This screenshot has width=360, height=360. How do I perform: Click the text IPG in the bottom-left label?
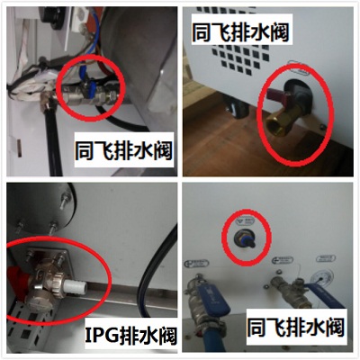click(x=102, y=335)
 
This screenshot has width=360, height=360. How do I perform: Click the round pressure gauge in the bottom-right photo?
click(x=324, y=277)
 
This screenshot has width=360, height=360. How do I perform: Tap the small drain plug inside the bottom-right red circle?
click(x=247, y=239)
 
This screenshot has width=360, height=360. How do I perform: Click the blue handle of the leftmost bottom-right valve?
click(x=213, y=300)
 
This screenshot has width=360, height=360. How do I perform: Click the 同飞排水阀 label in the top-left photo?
click(x=123, y=150)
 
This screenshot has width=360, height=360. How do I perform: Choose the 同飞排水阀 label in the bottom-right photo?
click(x=295, y=327)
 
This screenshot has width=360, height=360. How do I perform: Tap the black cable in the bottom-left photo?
click(x=150, y=270)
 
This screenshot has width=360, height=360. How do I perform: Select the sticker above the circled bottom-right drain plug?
click(x=245, y=221)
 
